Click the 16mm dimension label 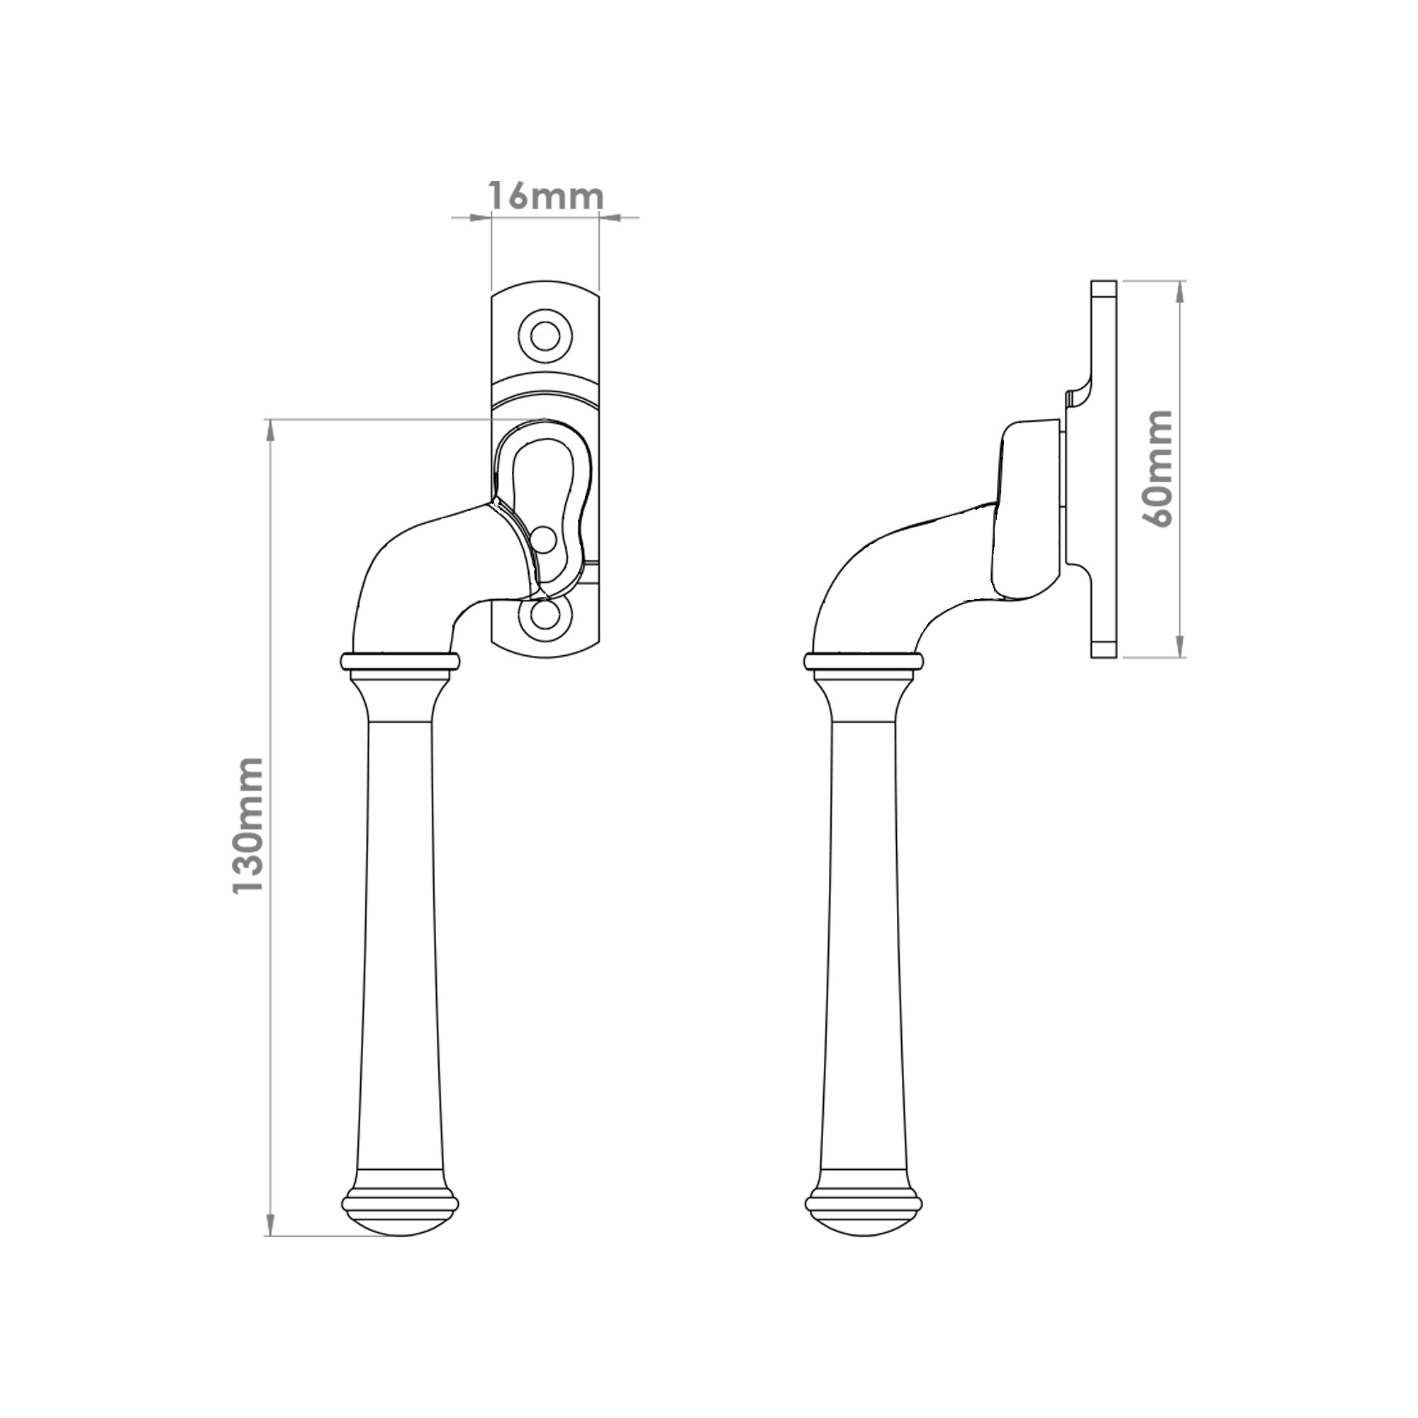tap(545, 196)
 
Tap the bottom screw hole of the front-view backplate tap(544, 617)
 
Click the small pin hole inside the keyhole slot tap(545, 539)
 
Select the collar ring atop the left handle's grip tap(400, 661)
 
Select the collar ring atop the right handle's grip tap(862, 661)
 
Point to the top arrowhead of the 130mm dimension tap(271, 430)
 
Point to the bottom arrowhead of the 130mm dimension tap(271, 1227)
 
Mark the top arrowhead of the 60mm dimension tap(1180, 291)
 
